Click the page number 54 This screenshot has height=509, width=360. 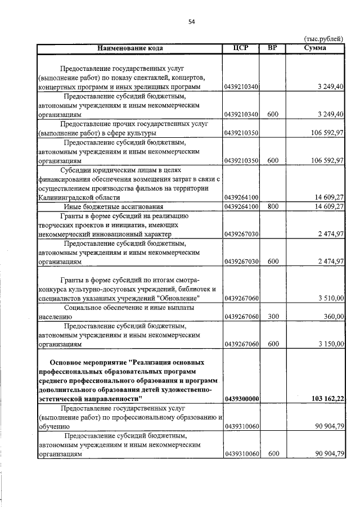[191, 21]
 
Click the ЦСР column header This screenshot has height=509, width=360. [241, 48]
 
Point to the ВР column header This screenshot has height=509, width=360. [273, 48]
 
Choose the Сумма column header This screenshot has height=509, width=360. [315, 48]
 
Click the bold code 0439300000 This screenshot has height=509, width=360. [241, 399]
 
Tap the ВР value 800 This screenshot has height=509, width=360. [273, 207]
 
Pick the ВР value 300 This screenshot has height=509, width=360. [273, 317]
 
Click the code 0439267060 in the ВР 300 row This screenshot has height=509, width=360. [241, 317]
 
